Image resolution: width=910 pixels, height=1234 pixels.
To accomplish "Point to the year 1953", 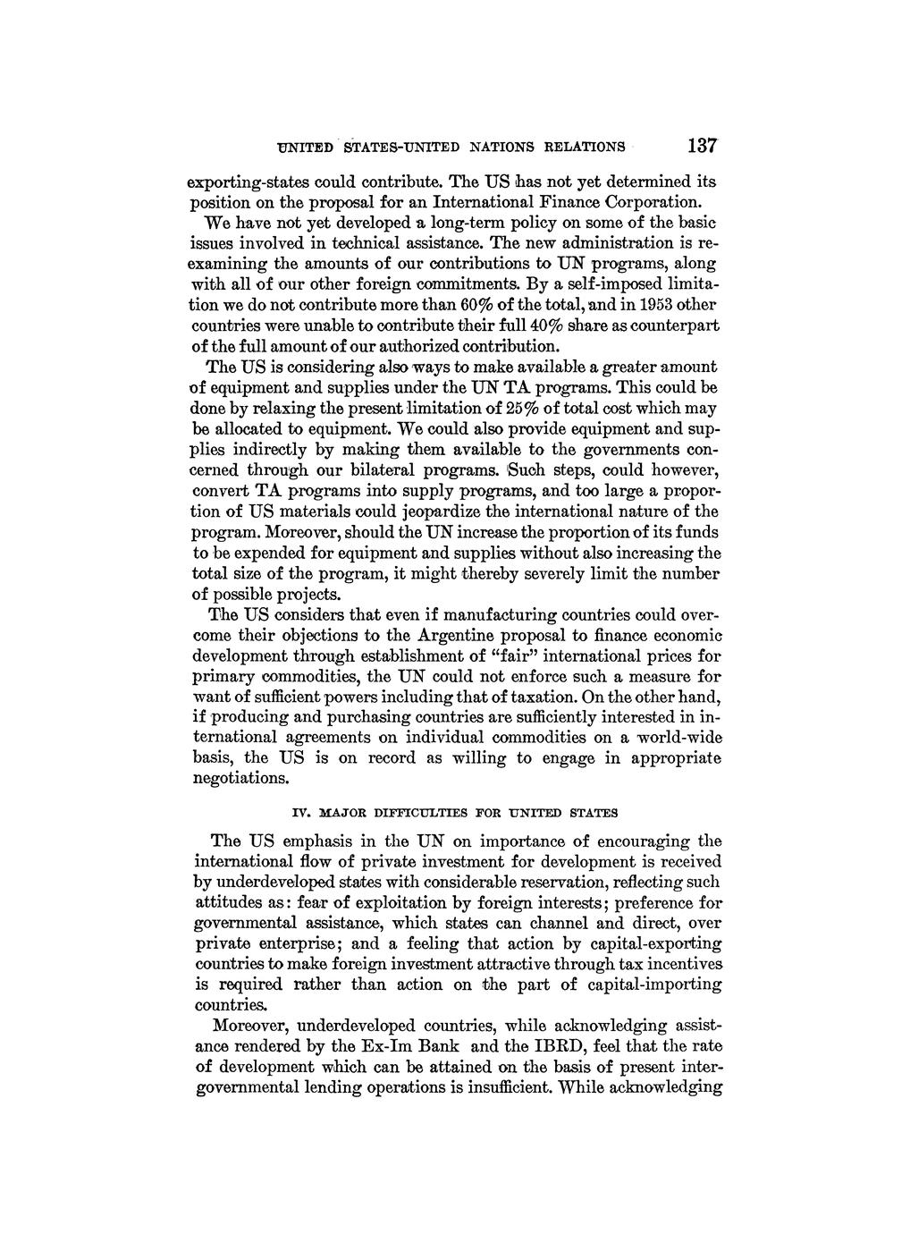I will pyautogui.click(x=654, y=304).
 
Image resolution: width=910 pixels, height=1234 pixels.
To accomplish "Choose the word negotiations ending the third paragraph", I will pyautogui.click(x=241, y=779).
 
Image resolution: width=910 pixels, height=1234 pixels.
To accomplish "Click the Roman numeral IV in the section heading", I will pyautogui.click(x=301, y=814).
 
